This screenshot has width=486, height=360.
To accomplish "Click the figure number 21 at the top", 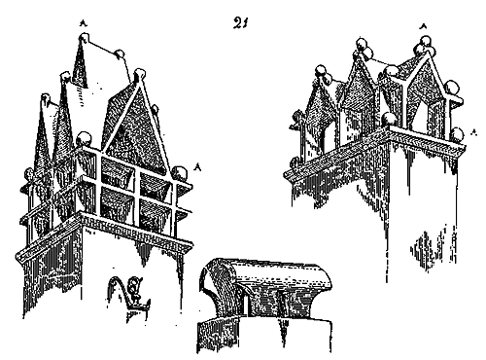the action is (240, 22).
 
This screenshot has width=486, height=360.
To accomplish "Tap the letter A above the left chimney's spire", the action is (84, 22).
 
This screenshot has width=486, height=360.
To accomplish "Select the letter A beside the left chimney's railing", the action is (197, 166).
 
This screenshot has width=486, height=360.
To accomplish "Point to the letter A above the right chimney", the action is (422, 26).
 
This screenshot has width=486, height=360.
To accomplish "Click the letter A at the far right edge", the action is (474, 131).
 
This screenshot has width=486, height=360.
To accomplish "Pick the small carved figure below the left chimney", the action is (133, 289).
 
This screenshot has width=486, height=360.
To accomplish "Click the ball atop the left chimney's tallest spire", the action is (84, 37).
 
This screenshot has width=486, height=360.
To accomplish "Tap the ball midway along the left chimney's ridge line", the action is (120, 54).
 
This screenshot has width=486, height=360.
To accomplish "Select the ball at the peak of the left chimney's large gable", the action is (140, 74).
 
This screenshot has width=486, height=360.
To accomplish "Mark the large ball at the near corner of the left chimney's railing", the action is (85, 139).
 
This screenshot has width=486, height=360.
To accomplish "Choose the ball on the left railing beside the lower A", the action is (180, 173).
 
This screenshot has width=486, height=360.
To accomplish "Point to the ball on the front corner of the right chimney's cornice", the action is (389, 120).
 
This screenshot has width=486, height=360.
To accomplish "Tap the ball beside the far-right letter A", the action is (458, 134).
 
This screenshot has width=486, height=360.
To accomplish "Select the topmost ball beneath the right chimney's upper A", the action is (426, 40).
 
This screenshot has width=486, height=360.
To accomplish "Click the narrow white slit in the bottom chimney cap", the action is (247, 304).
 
